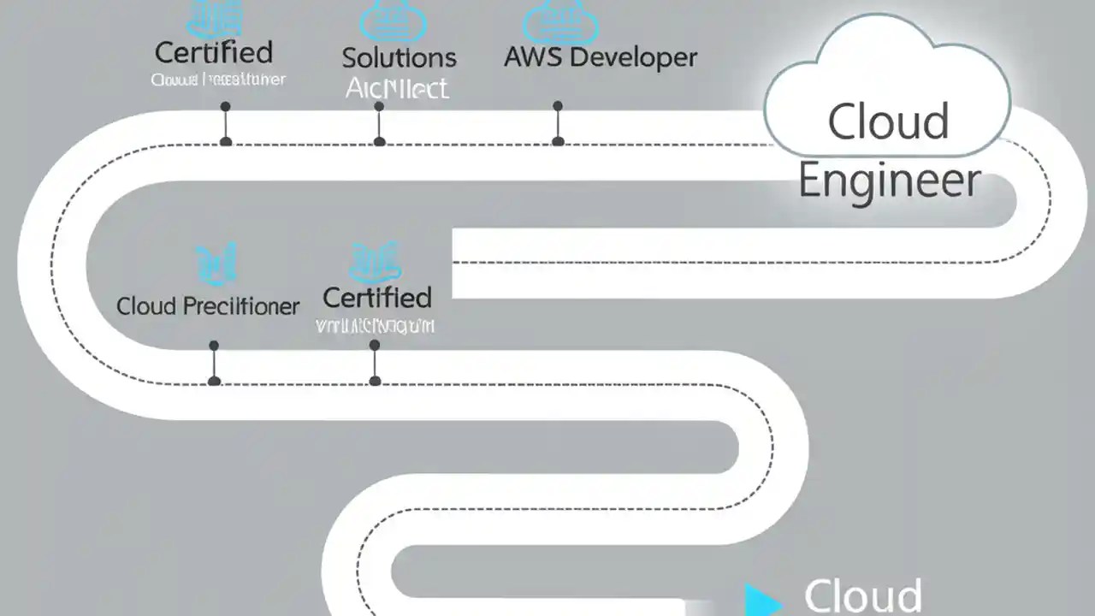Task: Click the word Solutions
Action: [x=399, y=58]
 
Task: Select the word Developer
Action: [x=633, y=57]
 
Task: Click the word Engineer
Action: [x=889, y=181]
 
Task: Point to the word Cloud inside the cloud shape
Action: [x=888, y=121]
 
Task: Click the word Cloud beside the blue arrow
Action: [x=862, y=595]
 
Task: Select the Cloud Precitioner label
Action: [x=208, y=306]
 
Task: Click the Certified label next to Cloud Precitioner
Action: [x=376, y=298]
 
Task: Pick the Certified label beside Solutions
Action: [x=214, y=52]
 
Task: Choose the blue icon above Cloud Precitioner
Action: [x=216, y=263]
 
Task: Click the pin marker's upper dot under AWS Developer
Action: [x=558, y=106]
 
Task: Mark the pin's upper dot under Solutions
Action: [x=379, y=107]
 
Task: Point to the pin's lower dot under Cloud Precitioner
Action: [x=214, y=381]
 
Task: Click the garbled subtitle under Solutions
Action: [x=397, y=87]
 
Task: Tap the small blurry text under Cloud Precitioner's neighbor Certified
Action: [x=375, y=326]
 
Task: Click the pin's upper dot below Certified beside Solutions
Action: [x=226, y=107]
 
